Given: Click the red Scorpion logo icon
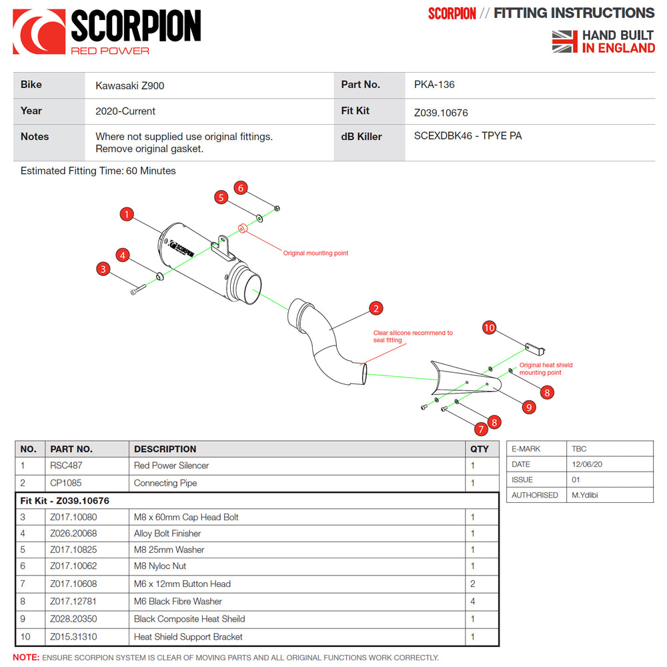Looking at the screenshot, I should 39,31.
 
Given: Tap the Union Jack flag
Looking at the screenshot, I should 564,41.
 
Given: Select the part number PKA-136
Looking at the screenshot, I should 434,85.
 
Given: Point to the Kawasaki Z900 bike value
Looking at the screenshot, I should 129,85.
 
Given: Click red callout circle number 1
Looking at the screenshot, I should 127,214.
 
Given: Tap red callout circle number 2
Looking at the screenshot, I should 376,308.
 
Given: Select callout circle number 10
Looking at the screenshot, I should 490,327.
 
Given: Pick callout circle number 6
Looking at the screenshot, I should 241,188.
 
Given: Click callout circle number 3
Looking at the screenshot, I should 103,269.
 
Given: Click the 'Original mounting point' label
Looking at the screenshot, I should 315,253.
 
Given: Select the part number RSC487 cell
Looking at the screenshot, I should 66,466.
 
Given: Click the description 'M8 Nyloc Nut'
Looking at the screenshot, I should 160,566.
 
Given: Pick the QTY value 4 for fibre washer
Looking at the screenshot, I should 473,601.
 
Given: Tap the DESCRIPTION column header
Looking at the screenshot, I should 165,449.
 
